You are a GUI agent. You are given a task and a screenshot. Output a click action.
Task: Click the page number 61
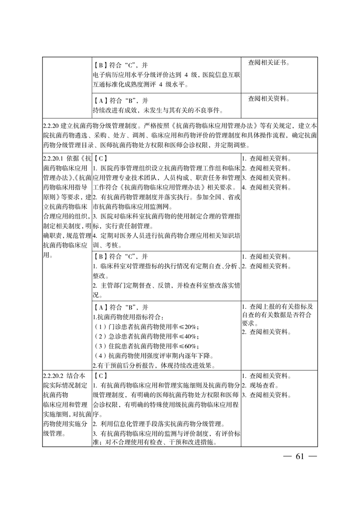[x=299, y=456]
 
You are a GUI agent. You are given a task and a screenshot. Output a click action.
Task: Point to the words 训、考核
[x=108, y=245]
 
